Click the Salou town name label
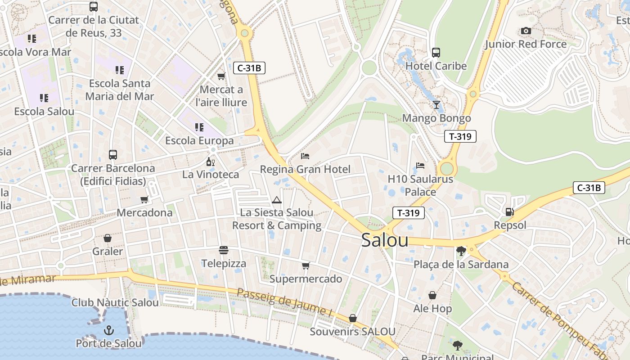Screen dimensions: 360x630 pyautogui.click(x=385, y=240)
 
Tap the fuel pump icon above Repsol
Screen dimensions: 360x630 pyautogui.click(x=509, y=211)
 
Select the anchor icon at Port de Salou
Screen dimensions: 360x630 pyautogui.click(x=108, y=331)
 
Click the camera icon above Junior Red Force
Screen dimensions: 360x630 pyautogui.click(x=526, y=31)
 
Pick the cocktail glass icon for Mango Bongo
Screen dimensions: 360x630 pyautogui.click(x=436, y=105)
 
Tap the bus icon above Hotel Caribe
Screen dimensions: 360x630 pyautogui.click(x=436, y=52)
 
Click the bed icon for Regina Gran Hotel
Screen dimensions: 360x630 pyautogui.click(x=305, y=156)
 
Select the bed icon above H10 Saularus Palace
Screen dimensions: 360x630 pyautogui.click(x=420, y=166)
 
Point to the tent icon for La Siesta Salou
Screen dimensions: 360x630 pyautogui.click(x=276, y=199)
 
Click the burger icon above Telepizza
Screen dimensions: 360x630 pyautogui.click(x=224, y=250)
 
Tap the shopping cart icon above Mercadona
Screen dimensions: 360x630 pyautogui.click(x=144, y=199)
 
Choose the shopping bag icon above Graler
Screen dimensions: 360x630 pyautogui.click(x=107, y=238)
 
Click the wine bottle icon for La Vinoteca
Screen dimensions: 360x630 pyautogui.click(x=210, y=161)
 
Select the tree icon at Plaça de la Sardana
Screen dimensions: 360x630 pyautogui.click(x=461, y=251)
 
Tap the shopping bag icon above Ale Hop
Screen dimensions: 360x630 pyautogui.click(x=432, y=295)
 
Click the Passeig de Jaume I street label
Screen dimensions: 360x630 pyautogui.click(x=284, y=302)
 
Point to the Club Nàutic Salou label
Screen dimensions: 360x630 pyautogui.click(x=115, y=302)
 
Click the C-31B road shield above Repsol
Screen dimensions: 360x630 pyautogui.click(x=589, y=188)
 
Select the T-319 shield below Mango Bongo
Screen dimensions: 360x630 pyautogui.click(x=460, y=136)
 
